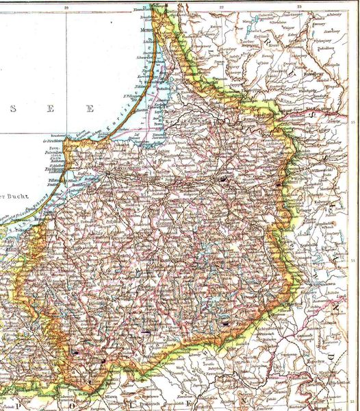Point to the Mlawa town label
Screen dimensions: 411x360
107,397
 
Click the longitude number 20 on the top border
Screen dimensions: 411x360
66,8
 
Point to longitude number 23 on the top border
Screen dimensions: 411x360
300,8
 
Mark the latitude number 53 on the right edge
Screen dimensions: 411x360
353,401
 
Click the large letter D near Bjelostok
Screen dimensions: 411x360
331,356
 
